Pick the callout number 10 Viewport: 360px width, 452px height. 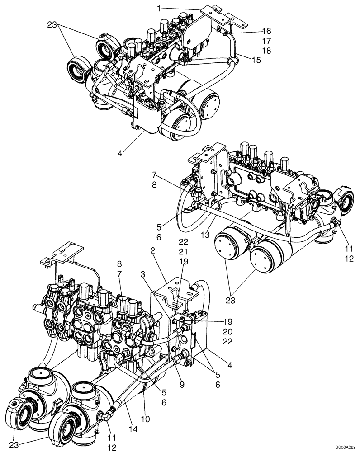(x=146, y=420)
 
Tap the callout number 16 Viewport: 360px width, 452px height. (x=265, y=31)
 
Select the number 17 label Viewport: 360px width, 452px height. (x=265, y=41)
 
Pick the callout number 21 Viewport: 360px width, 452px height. (x=183, y=252)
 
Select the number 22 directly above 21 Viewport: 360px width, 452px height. (x=183, y=242)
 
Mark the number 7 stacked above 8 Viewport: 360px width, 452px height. (x=155, y=174)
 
